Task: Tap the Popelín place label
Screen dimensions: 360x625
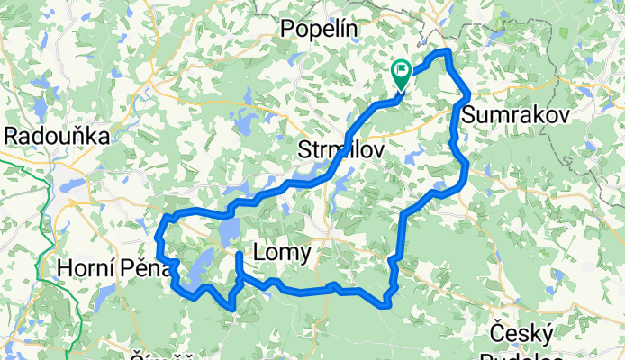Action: (x=320, y=30)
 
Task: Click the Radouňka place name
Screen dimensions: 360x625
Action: (x=57, y=136)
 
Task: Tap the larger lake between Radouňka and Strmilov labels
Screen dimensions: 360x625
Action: (x=244, y=122)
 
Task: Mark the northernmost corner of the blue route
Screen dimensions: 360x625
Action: (x=444, y=51)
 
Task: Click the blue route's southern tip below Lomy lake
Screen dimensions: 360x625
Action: (x=233, y=309)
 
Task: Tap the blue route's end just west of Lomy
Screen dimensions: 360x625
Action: (x=239, y=256)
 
